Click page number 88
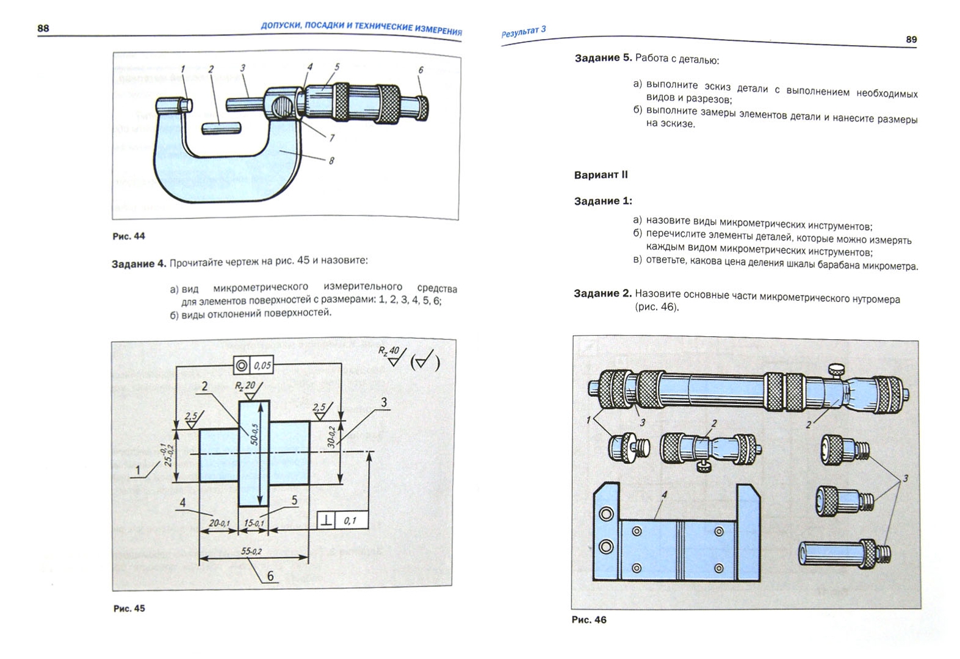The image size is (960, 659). (43, 28)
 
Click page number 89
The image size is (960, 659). (911, 40)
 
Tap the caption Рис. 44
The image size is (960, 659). (129, 236)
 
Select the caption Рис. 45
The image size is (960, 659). (129, 608)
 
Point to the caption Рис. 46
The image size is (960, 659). (589, 620)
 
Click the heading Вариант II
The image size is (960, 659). (601, 175)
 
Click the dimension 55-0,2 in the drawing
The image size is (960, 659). (251, 551)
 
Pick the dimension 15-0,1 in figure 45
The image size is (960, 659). (254, 523)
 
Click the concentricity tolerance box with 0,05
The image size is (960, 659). (253, 365)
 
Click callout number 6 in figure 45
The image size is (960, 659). (270, 576)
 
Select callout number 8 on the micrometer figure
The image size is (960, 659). (331, 161)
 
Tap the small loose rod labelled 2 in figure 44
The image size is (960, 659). (220, 128)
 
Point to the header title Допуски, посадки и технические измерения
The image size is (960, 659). (361, 29)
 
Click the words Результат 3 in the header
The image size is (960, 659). (523, 32)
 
